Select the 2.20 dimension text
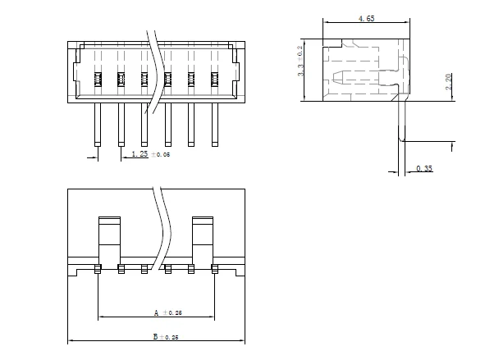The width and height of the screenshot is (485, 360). (448, 83)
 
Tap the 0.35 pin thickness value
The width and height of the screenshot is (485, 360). (424, 168)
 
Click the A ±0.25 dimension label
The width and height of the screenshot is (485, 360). (167, 312)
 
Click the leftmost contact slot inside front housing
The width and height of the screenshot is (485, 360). (97, 80)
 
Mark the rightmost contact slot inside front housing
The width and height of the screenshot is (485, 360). (215, 80)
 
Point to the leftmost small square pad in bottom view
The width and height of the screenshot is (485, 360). (98, 268)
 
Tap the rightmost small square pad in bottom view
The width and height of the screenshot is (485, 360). (215, 268)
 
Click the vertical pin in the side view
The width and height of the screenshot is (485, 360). (402, 119)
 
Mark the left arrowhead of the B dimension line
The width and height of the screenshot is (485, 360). (71, 340)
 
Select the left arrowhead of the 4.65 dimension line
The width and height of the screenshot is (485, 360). (326, 22)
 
